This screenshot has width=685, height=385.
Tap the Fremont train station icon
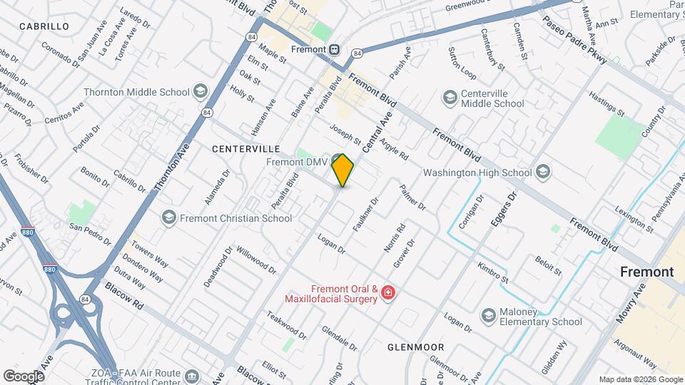[x=334, y=50]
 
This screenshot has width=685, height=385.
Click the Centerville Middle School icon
[x=450, y=96]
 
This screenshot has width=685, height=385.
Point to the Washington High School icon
[x=543, y=173]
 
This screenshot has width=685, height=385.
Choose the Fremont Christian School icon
[x=169, y=217]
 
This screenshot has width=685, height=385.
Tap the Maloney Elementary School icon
[x=489, y=315]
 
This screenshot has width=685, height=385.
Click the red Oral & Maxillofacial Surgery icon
[x=387, y=293]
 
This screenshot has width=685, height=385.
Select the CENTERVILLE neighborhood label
[x=245, y=149]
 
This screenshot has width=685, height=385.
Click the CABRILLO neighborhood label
[x=44, y=26]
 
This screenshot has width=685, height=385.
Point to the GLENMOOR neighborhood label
[x=415, y=347]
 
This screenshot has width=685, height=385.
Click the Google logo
[x=24, y=375]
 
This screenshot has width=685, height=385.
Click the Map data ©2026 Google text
[x=640, y=379]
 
